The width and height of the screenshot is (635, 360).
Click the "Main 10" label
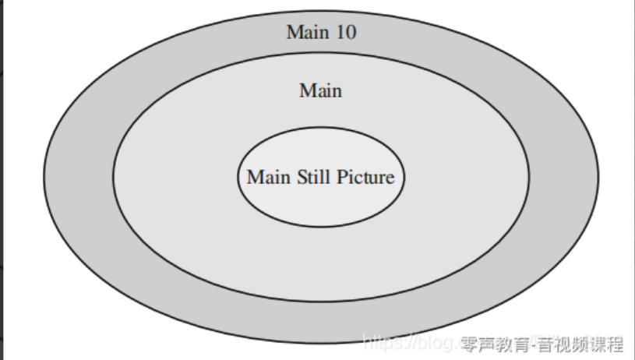click(322, 32)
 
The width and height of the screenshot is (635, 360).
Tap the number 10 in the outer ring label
click(345, 32)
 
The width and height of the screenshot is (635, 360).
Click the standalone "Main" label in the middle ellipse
click(320, 91)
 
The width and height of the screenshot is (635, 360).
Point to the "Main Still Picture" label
click(320, 177)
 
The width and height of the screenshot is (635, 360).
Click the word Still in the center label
click(312, 177)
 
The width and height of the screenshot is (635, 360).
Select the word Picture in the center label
click(365, 177)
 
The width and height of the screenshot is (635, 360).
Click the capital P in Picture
click(341, 177)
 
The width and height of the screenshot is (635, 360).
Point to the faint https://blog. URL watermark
click(410, 343)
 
